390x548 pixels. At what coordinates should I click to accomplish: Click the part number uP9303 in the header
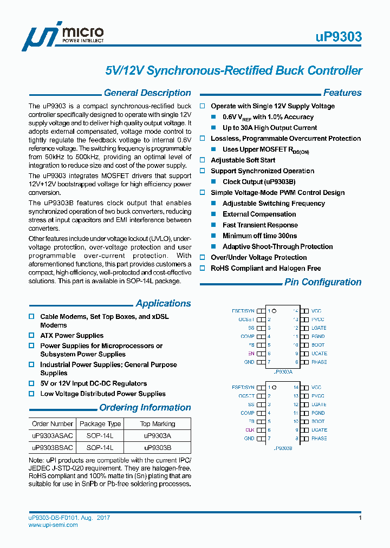coord(339,37)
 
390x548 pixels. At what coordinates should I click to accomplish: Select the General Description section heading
coord(147,93)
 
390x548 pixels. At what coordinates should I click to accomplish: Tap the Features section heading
coord(342,93)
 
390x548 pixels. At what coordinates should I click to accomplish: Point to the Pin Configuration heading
coord(323,282)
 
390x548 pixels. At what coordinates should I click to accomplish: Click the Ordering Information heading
coord(145,408)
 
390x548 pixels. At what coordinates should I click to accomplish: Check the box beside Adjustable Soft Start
coord(203,160)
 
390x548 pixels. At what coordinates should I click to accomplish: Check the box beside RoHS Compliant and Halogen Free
coord(203,269)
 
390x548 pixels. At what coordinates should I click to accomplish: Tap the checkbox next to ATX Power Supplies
coord(31,336)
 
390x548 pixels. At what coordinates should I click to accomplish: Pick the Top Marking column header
coord(158,424)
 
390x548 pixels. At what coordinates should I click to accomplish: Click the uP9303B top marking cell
coord(158,448)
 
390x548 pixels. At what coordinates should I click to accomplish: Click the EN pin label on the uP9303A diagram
coord(251,354)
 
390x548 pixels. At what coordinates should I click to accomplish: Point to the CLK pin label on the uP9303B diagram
coord(250,430)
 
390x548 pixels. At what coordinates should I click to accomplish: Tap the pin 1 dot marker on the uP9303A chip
coord(275,311)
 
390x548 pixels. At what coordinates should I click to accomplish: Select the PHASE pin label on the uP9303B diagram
coord(319,439)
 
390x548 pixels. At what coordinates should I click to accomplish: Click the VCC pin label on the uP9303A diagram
coord(316,311)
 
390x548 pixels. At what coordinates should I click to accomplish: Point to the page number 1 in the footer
coord(360,518)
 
